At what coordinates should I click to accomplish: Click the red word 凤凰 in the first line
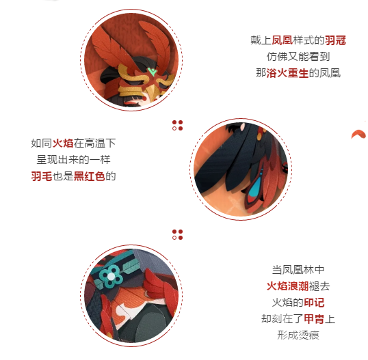[282, 40]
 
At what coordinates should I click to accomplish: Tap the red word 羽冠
[335, 40]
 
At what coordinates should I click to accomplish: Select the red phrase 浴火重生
[287, 73]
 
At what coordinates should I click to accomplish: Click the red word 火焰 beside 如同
[63, 143]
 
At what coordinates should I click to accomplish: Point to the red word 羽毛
[42, 176]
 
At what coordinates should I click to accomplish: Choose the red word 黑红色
[90, 176]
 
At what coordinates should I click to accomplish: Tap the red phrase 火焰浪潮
[287, 286]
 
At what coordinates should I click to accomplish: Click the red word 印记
[314, 303]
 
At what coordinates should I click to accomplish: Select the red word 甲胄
[314, 319]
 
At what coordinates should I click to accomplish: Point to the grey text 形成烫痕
[298, 335]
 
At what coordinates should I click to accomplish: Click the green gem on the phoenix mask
[152, 72]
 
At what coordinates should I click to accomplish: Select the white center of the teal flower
[111, 277]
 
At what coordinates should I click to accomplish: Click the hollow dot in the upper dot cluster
[174, 128]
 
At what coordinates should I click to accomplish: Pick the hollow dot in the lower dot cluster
[174, 238]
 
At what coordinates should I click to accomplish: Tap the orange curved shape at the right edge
[358, 135]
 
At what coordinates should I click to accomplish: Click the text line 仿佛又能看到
[298, 57]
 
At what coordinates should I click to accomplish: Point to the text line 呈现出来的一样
[73, 160]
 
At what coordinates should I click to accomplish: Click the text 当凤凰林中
[298, 270]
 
